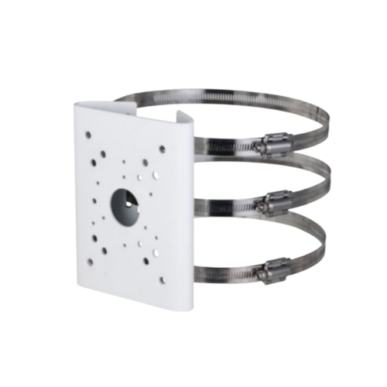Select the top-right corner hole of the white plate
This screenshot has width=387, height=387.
[162, 146]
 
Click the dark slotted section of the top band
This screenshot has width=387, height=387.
[224, 146]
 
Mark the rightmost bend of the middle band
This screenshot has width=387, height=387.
[329, 186]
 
